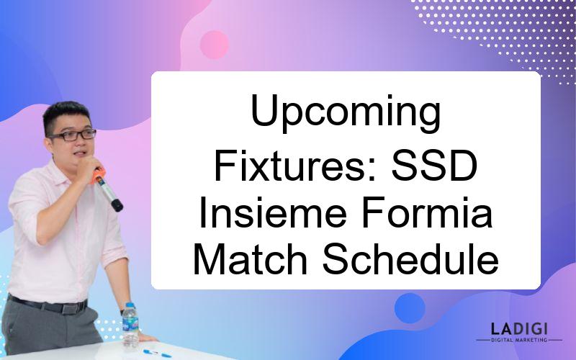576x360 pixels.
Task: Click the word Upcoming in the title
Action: pyautogui.click(x=346, y=113)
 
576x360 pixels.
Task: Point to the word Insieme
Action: pyautogui.click(x=273, y=212)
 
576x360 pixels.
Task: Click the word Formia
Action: pyautogui.click(x=427, y=212)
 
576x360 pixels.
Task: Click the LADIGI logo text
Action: pyautogui.click(x=519, y=329)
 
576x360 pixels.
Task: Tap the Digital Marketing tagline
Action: pyautogui.click(x=519, y=340)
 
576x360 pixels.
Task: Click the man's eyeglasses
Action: pyautogui.click(x=73, y=135)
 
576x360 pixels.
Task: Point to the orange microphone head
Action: pyautogui.click(x=98, y=176)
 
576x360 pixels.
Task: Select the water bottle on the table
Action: pyautogui.click(x=130, y=325)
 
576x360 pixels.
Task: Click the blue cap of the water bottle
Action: pyautogui.click(x=130, y=305)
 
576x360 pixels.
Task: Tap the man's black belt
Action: pyautogui.click(x=48, y=305)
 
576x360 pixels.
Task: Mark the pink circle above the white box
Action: pyautogui.click(x=214, y=45)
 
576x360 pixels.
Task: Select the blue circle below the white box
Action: pyautogui.click(x=410, y=308)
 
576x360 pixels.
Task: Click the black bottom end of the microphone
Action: pyautogui.click(x=117, y=205)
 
